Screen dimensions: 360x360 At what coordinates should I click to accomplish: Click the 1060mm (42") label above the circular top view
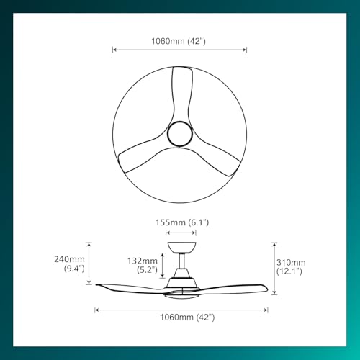point(180,42)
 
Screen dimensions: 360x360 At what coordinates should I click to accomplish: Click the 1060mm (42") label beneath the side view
point(180,317)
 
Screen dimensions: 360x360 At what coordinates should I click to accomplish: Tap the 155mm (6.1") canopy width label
point(180,222)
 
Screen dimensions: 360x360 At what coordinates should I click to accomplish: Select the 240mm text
point(70,260)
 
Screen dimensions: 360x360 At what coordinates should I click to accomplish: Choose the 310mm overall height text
point(290,262)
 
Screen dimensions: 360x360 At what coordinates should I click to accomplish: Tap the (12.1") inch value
point(289,271)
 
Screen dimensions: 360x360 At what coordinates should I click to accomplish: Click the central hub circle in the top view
point(179,134)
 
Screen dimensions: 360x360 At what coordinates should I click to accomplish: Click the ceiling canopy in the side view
point(179,247)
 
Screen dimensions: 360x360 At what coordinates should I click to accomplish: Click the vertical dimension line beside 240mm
point(89,264)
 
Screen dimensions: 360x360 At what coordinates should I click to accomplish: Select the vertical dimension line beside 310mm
point(271,266)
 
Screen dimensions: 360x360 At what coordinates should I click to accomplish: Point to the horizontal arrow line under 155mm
point(180,233)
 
